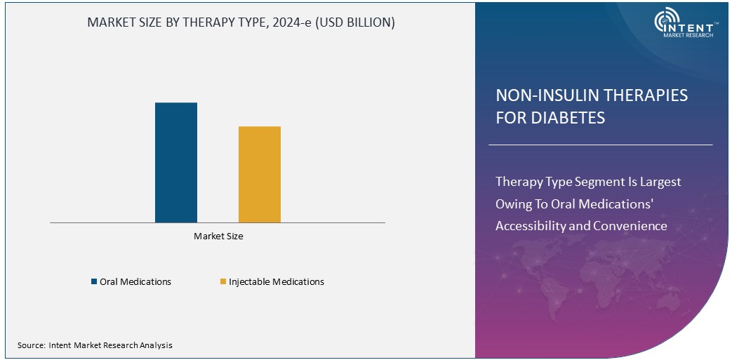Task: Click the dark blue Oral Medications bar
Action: point(175,162)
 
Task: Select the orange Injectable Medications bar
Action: point(259,174)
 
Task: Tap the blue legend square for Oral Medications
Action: point(94,282)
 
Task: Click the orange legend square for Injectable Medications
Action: point(223,282)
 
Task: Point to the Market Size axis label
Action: point(218,236)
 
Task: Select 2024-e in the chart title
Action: point(288,22)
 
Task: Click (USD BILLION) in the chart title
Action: point(354,22)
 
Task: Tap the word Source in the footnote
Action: point(32,345)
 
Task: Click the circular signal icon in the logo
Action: point(666,22)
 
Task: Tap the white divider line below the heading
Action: point(600,145)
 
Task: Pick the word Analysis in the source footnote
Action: point(156,345)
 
